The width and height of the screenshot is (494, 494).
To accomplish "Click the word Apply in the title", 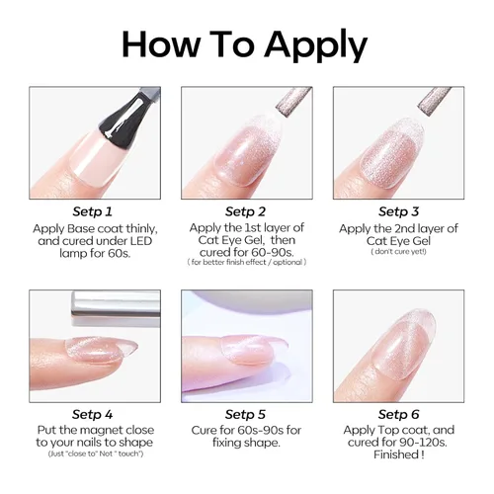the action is tap(315, 45).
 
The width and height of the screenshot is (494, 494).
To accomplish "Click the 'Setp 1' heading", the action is tap(93, 211).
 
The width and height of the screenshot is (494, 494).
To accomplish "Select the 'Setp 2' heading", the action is tap(245, 211).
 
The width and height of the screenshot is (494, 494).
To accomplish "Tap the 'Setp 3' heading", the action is tap(398, 211).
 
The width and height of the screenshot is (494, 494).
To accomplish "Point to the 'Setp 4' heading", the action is tap(93, 414).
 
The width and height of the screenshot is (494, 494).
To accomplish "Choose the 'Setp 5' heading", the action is tap(245, 414).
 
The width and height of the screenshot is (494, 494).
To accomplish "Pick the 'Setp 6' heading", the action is tap(398, 414).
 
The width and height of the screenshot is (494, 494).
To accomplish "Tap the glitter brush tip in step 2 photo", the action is tap(293, 100).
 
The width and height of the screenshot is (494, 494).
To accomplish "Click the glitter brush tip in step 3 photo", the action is tap(435, 101).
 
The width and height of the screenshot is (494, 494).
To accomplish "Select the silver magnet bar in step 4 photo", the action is tap(116, 304).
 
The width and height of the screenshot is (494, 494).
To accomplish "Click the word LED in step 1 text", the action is tap(141, 241).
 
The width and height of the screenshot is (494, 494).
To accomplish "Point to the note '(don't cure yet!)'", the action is tap(398, 252).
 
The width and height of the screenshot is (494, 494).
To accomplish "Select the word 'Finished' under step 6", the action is tap(394, 454).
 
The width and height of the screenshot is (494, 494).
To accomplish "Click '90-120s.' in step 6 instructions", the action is tap(423, 443).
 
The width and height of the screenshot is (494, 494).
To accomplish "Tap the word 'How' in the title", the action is tap(161, 44).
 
